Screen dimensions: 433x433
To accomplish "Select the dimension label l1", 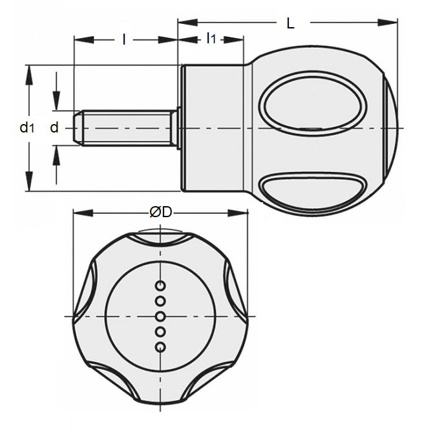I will pyautogui.click(x=211, y=39).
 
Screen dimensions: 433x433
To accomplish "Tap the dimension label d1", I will pyautogui.click(x=25, y=128).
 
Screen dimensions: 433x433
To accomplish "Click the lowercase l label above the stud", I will pyautogui.click(x=123, y=39).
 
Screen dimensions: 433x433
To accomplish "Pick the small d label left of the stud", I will pyautogui.click(x=54, y=128).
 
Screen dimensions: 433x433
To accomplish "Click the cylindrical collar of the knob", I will pyautogui.click(x=213, y=128).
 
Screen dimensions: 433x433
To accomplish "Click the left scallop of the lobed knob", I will pyautogui.click(x=86, y=294).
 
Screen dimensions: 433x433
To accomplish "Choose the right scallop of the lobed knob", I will pyautogui.click(x=237, y=294).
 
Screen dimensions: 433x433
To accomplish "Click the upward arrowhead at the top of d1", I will pyautogui.click(x=28, y=70).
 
